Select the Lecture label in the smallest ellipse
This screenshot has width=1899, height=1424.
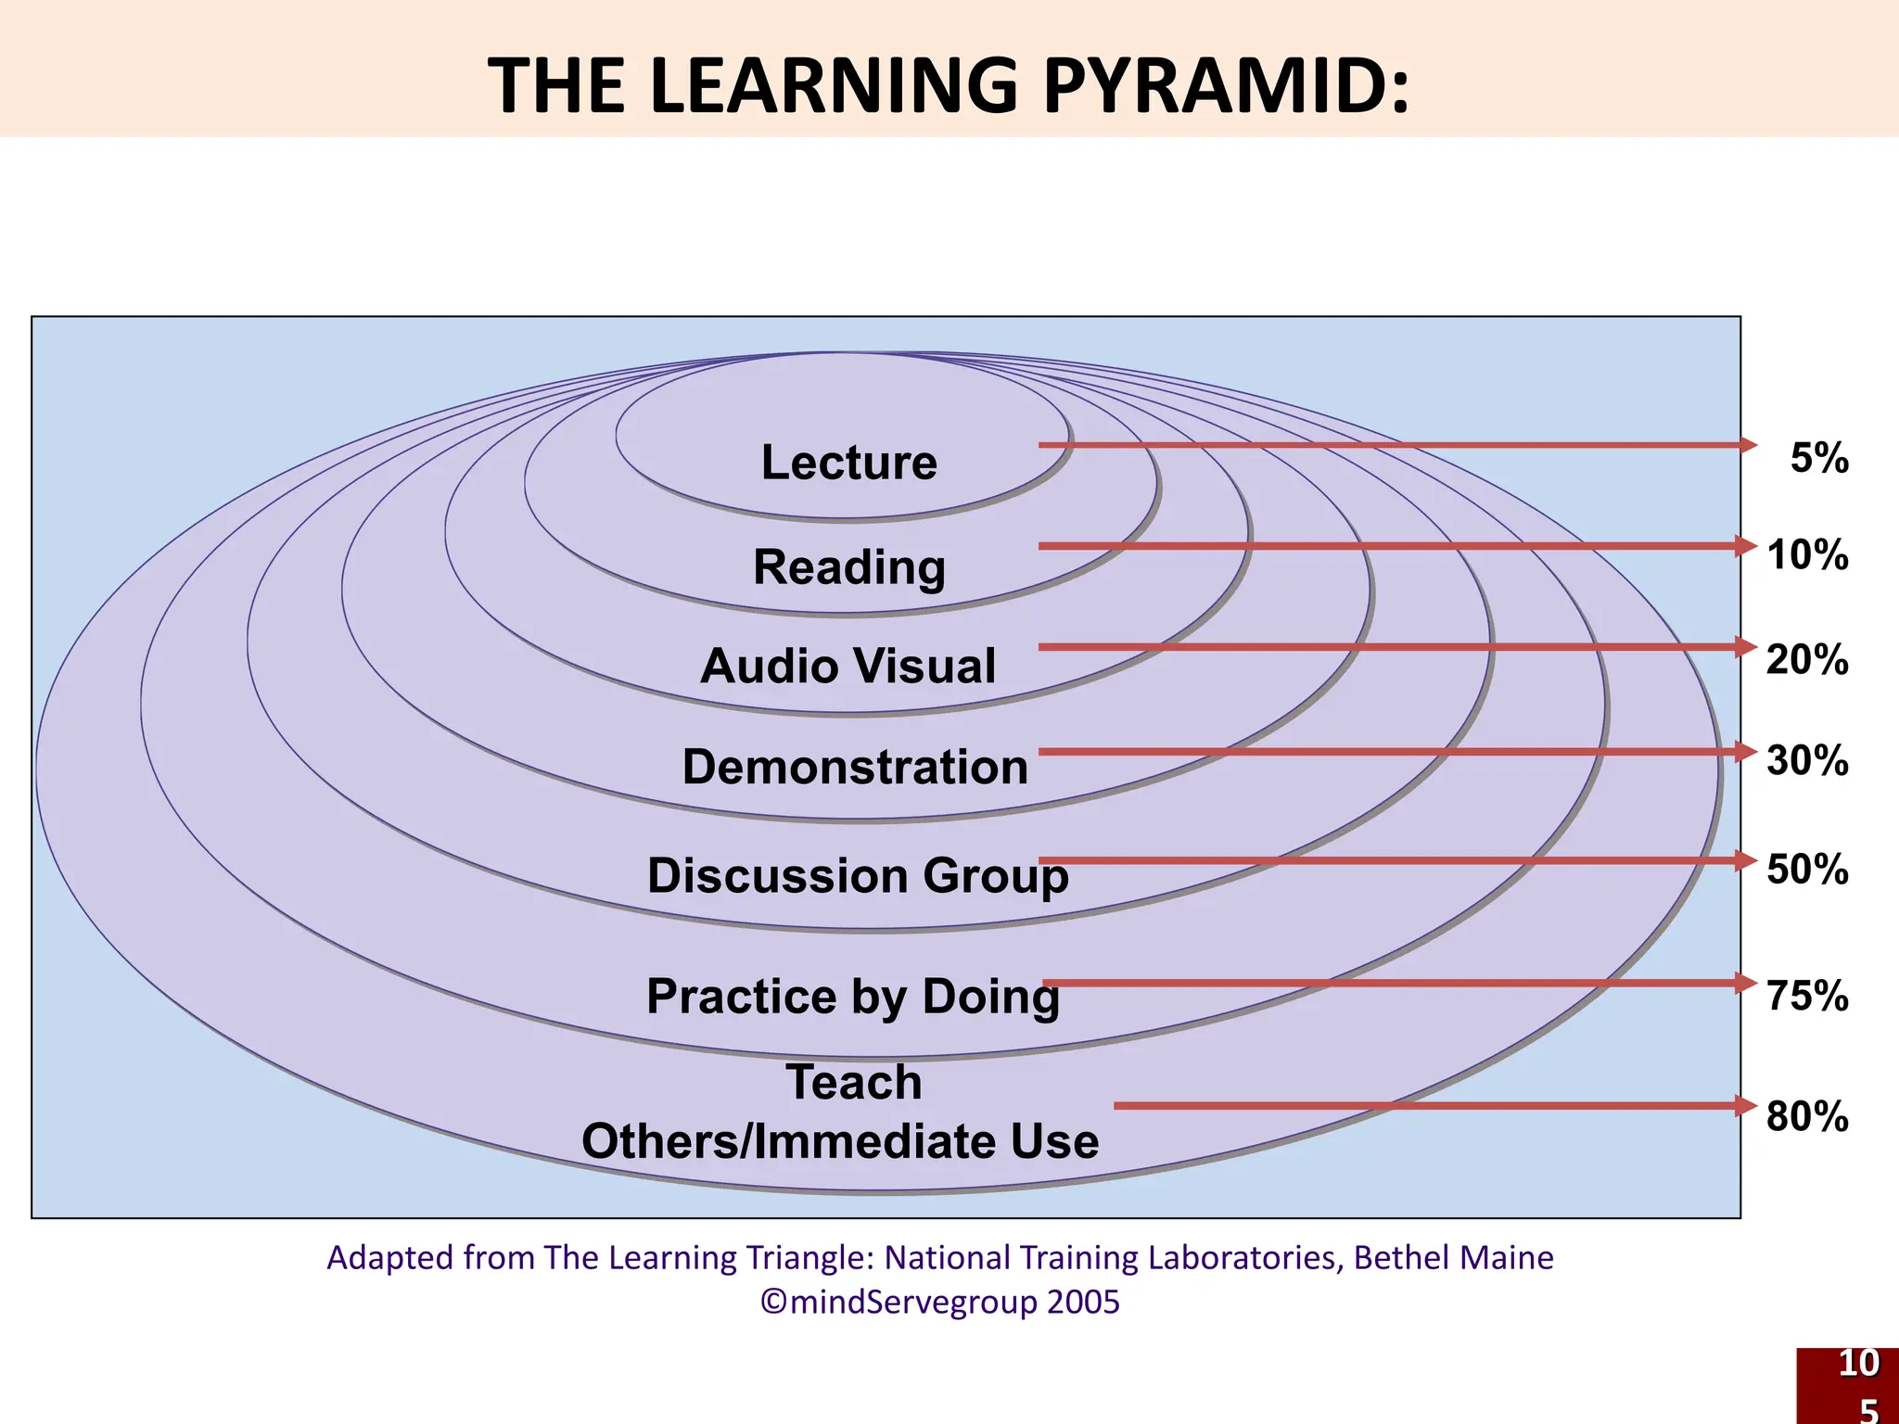click(848, 462)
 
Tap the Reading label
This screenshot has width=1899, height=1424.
click(848, 566)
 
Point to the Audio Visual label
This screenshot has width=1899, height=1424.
click(848, 666)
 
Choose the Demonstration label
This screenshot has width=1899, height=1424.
click(855, 767)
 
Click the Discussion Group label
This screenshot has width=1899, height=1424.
click(858, 875)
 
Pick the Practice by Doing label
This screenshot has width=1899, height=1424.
click(852, 997)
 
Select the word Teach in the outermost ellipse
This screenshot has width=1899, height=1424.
click(853, 1082)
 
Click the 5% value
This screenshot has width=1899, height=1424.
click(1819, 459)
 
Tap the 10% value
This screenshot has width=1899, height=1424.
click(1807, 555)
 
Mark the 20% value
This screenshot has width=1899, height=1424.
click(1807, 660)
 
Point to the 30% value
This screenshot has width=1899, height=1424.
click(1807, 761)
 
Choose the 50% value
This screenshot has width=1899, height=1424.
click(1807, 870)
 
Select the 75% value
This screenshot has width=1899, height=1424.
click(1807, 996)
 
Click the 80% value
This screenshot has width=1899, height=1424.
click(1807, 1116)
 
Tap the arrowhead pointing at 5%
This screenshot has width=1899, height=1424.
click(1747, 445)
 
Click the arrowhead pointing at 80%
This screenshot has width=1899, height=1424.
click(1747, 1105)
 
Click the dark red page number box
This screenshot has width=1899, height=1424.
click(1848, 1386)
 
